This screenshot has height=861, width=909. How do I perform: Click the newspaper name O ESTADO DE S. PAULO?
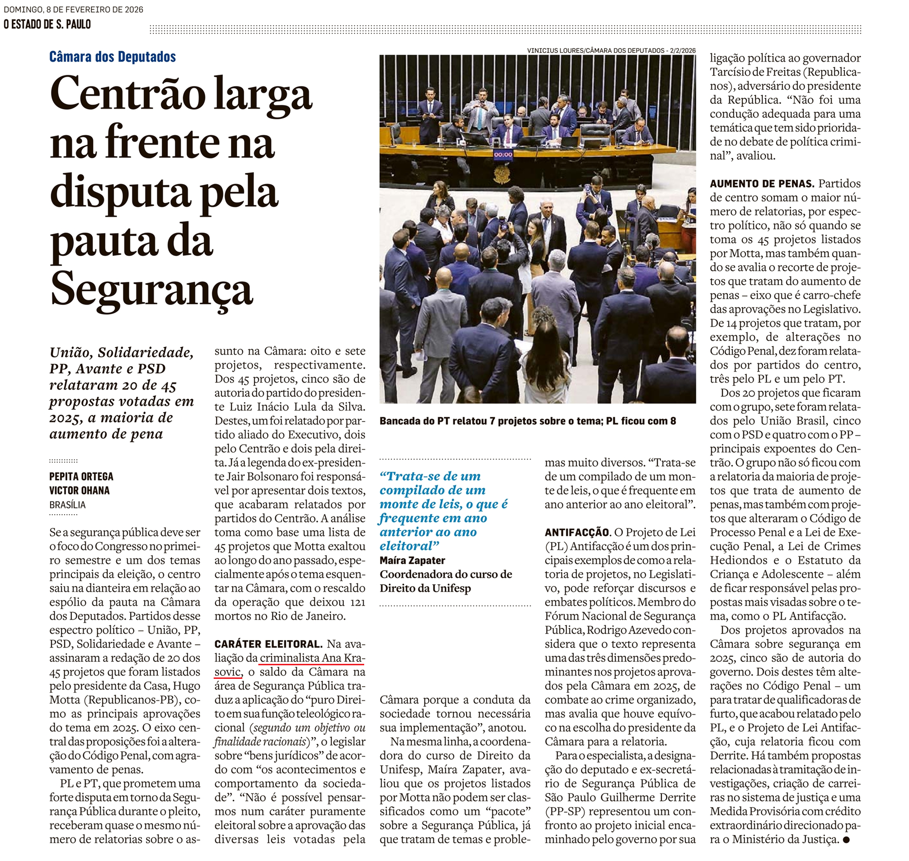47,24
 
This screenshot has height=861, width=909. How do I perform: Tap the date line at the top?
73,10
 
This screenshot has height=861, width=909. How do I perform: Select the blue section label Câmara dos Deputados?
112,57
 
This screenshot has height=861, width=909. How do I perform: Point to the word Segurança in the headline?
151,289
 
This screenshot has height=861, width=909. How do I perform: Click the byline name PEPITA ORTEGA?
81,476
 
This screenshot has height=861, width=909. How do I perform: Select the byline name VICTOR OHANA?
80,490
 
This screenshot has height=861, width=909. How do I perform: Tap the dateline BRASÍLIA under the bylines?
67,505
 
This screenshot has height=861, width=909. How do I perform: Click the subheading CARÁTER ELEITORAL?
268,644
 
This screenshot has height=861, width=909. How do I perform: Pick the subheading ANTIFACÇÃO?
577,533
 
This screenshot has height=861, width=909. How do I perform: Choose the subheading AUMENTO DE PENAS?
761,184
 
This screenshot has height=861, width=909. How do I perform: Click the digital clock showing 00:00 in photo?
503,154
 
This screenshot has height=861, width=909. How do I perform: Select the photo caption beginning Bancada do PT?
527,421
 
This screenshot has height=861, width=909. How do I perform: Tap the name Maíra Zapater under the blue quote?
412,560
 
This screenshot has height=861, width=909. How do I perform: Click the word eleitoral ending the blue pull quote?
406,546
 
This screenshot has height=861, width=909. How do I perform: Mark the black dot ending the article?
846,840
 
